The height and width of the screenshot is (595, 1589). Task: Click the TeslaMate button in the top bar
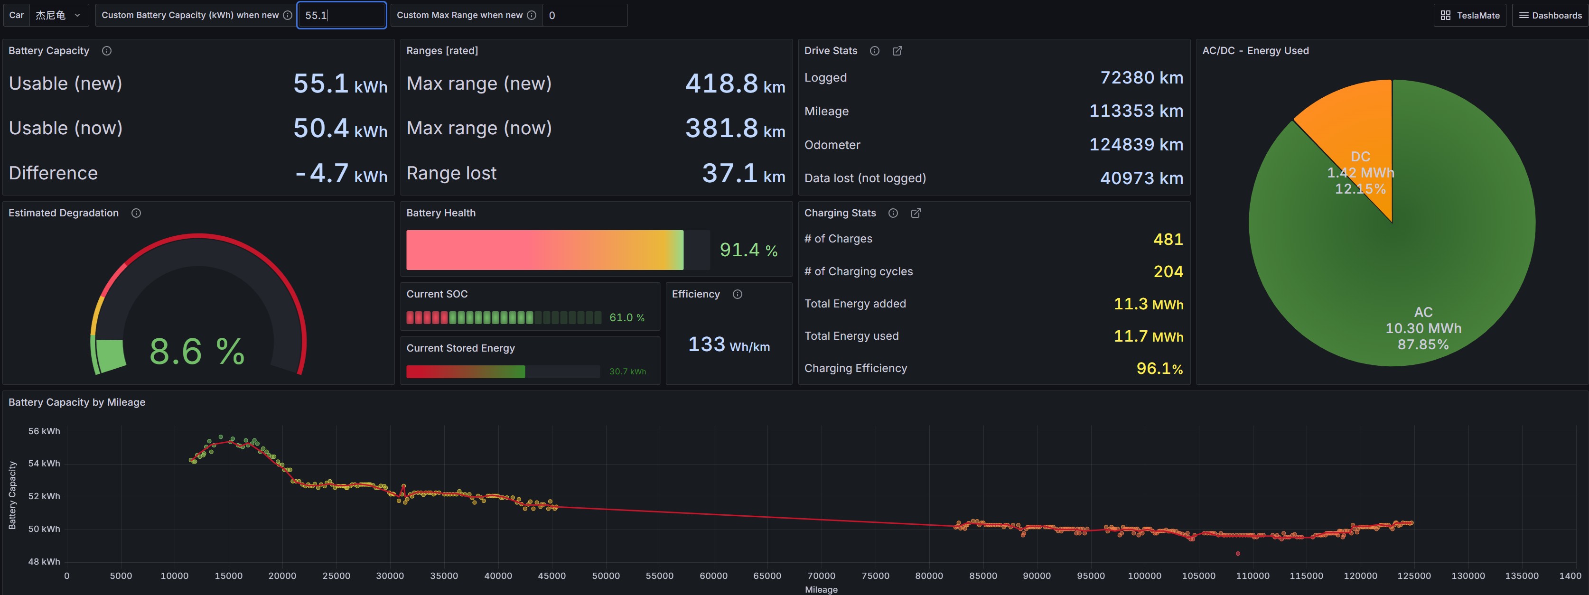click(1470, 15)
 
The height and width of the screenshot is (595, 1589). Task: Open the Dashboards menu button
click(1550, 15)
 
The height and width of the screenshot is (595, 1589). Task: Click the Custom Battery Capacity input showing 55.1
click(342, 15)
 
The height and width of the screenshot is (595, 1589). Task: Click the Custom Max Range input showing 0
click(585, 15)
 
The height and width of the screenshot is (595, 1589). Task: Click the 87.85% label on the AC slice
click(1423, 344)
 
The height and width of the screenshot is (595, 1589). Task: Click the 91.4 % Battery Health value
click(748, 250)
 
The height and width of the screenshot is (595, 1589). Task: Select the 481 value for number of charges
click(1168, 239)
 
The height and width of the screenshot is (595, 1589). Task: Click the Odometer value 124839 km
click(1136, 144)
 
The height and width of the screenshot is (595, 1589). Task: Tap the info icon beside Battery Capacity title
click(107, 51)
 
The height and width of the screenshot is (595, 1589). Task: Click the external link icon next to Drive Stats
click(897, 51)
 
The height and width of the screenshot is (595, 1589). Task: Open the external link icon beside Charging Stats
click(916, 213)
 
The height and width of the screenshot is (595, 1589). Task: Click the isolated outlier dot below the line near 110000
click(1237, 554)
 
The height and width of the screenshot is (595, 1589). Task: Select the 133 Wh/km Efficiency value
click(729, 344)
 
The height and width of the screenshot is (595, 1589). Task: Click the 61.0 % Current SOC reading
click(626, 317)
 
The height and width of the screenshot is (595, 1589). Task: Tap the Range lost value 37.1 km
click(743, 173)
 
